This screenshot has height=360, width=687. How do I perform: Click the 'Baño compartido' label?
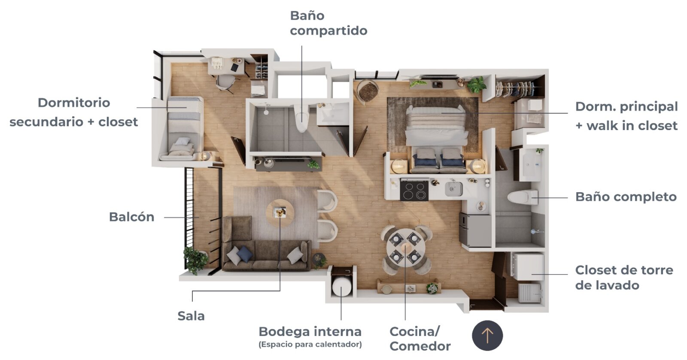(x=328, y=23)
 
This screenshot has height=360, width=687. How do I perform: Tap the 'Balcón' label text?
(x=131, y=217)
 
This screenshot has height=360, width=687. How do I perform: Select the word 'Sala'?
(x=191, y=316)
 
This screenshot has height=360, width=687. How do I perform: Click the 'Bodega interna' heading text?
(x=310, y=332)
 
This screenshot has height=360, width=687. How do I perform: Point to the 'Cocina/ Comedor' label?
(x=420, y=339)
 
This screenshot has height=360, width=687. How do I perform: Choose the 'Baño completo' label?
(x=626, y=197)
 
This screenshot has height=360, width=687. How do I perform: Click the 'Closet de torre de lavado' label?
(x=624, y=278)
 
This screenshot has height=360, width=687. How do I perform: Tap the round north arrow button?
(x=487, y=336)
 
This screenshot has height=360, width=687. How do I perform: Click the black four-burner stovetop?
(x=414, y=191)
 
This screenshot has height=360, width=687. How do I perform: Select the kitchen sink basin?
(x=453, y=189)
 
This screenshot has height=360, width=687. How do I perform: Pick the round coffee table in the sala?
(x=280, y=213)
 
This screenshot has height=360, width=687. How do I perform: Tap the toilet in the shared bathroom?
(x=301, y=118)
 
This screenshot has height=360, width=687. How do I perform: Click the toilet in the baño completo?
(x=523, y=197)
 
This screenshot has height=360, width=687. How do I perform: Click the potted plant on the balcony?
(x=195, y=260)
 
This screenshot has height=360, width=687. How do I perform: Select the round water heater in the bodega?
(x=342, y=287)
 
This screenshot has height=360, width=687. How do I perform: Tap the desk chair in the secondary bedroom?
(x=226, y=82)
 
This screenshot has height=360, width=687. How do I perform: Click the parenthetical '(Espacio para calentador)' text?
(x=310, y=345)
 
